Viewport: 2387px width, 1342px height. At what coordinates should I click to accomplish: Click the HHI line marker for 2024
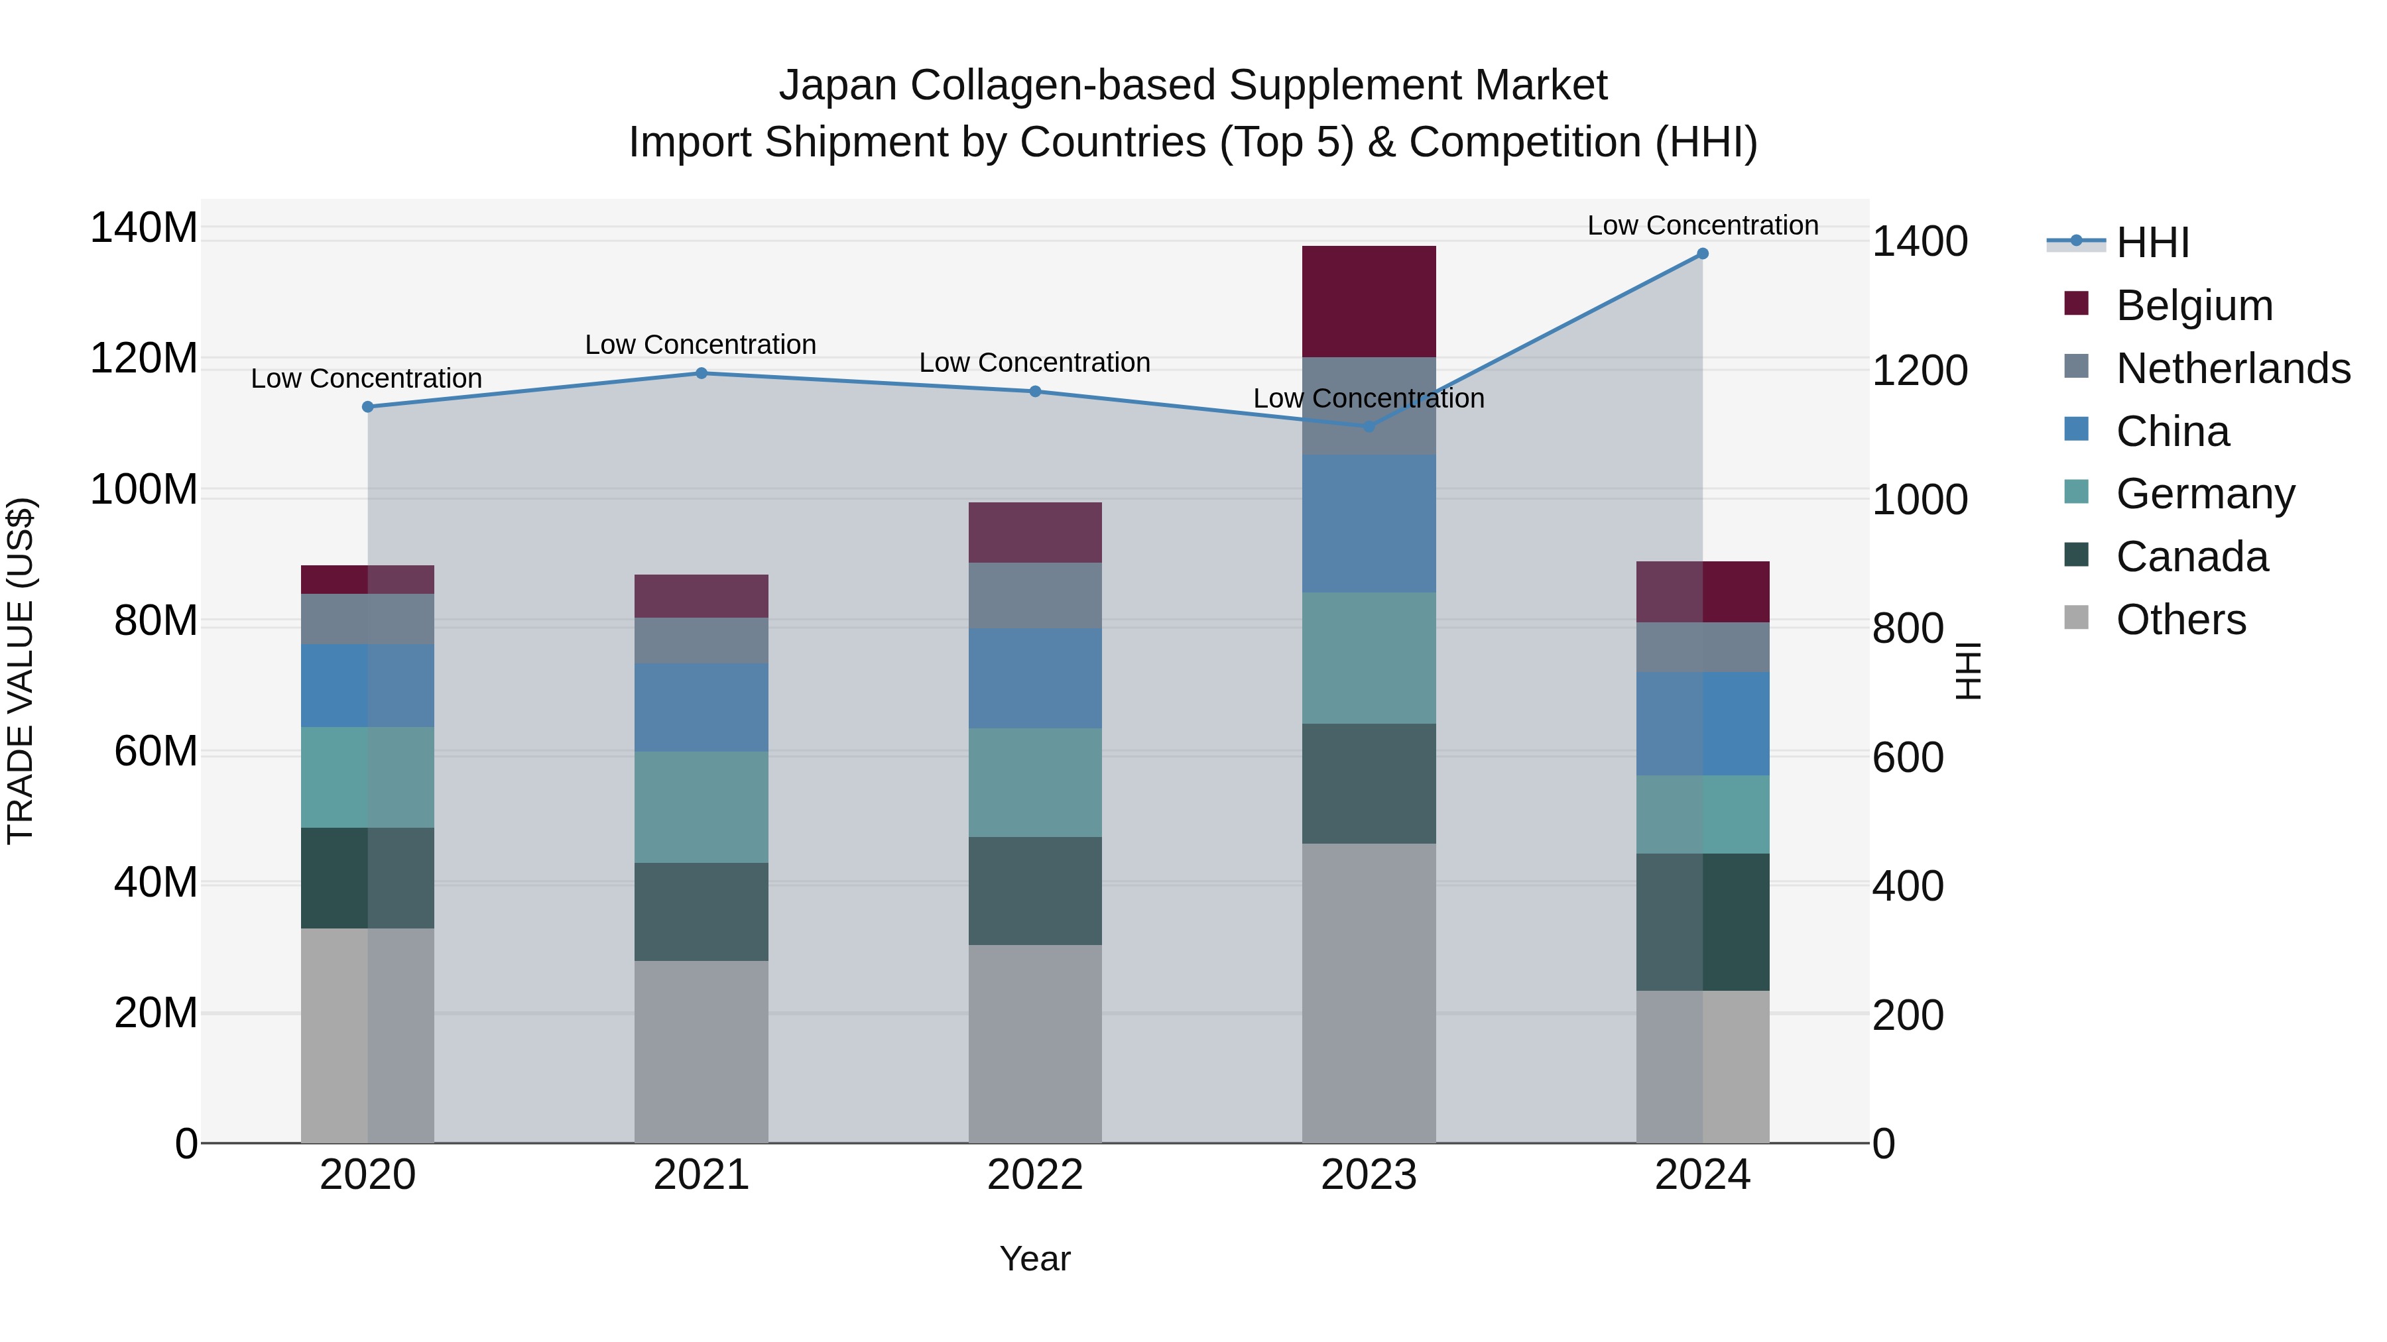point(1702,254)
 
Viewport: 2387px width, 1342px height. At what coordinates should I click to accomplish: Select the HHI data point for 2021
point(702,373)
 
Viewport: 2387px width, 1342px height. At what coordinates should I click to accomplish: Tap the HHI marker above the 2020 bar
point(368,407)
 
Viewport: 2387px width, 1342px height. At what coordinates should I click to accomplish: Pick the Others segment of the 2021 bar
point(702,1051)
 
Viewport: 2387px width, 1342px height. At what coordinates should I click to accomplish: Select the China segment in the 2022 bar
point(1035,678)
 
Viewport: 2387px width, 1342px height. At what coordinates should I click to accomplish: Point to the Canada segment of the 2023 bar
point(1369,783)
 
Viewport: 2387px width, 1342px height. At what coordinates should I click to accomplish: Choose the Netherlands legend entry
point(2233,368)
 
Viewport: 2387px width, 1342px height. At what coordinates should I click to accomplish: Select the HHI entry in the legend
point(2152,243)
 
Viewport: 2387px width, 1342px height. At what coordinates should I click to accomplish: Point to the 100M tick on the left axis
point(144,489)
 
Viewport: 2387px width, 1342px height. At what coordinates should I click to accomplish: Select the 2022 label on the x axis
point(1035,1175)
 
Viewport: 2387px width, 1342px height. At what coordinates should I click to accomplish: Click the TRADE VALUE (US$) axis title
point(21,671)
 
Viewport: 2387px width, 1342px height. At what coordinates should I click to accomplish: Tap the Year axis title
point(1035,1258)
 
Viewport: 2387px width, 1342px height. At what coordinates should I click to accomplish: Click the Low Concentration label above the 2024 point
point(1702,225)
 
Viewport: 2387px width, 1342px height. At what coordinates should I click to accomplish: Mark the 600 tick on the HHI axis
point(1908,757)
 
